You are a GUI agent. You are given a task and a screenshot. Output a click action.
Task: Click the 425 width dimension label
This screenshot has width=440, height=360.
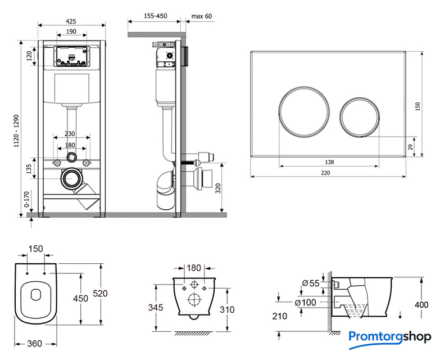[x=71, y=21]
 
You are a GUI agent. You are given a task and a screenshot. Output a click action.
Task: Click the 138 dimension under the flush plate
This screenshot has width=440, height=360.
[x=329, y=162]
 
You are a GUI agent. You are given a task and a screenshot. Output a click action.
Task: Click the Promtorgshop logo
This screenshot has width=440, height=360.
[x=389, y=337]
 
